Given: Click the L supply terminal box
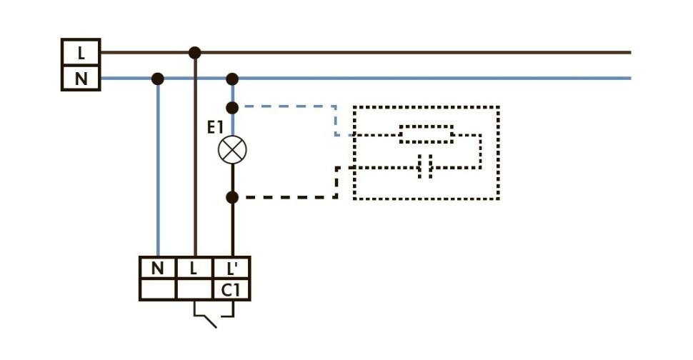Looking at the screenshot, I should [x=81, y=52].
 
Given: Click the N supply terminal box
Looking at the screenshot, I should [x=81, y=78].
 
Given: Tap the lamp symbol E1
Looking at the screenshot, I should [x=231, y=150].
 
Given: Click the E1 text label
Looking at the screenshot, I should [x=215, y=128].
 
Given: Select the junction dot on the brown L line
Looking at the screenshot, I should [x=194, y=52].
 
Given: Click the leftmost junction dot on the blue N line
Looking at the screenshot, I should [x=158, y=79].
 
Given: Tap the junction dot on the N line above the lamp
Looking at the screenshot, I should [x=231, y=79].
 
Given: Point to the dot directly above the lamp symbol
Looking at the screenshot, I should [x=231, y=108].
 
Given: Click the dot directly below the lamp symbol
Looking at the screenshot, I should [x=231, y=196].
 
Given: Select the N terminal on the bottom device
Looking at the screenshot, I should [x=157, y=269].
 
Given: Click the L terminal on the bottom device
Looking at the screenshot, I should [x=194, y=269].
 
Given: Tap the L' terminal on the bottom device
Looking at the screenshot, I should [x=231, y=269].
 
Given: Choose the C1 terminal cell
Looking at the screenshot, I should [x=231, y=290].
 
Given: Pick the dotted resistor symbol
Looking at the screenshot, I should [x=426, y=134].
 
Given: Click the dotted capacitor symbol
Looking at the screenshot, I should [x=426, y=169].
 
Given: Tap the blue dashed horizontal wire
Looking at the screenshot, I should [x=286, y=107].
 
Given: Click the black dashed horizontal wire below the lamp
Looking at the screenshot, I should [x=286, y=196].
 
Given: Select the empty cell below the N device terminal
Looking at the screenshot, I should [x=157, y=290].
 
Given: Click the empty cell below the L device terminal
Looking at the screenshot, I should [x=194, y=290].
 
